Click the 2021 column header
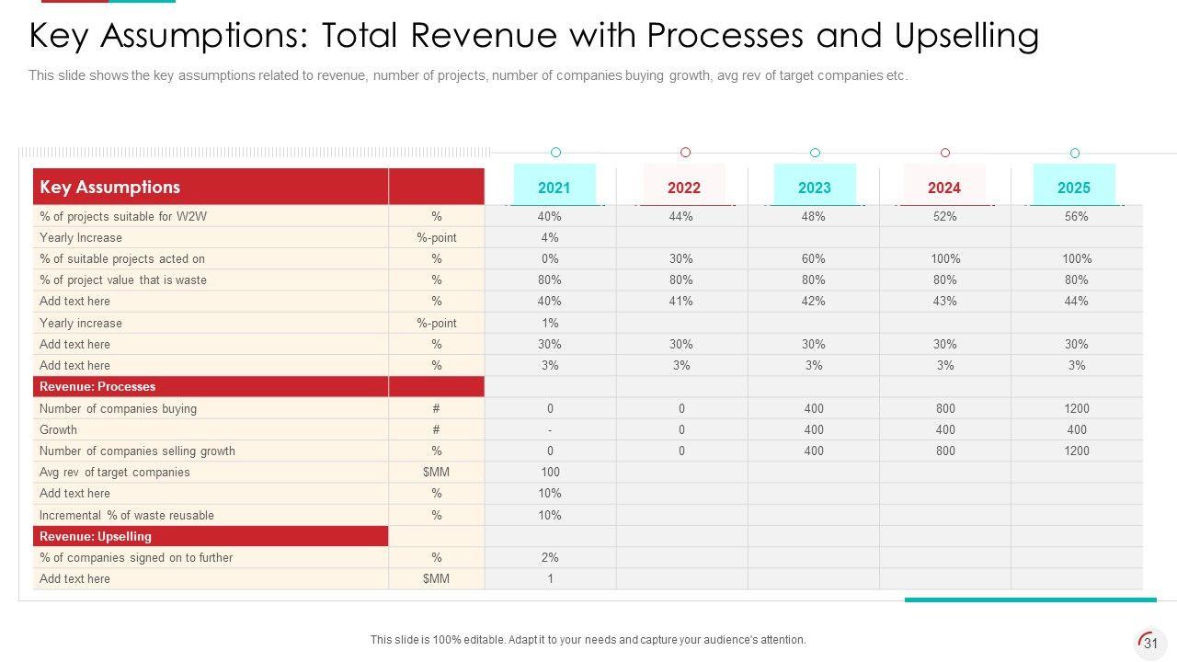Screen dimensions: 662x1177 pos(554,188)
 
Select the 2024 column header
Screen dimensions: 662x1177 pos(943,188)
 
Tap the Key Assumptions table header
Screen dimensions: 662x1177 pos(110,187)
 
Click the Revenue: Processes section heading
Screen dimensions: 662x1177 pos(97,386)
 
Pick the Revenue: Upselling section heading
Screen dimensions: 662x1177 pos(96,536)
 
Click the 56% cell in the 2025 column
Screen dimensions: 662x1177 pos(1076,217)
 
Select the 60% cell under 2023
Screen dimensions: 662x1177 pos(813,259)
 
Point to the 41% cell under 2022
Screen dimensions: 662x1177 pos(681,302)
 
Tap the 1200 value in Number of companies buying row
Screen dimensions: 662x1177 pos(1076,408)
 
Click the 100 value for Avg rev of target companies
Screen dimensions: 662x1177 pos(550,473)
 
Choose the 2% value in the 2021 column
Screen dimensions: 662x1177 pos(550,558)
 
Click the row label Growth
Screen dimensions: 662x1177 pos(58,429)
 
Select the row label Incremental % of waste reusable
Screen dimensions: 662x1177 pos(127,516)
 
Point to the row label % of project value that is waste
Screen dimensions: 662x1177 pos(123,280)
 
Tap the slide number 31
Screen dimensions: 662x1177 pos(1150,645)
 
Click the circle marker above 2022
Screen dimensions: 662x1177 pos(685,153)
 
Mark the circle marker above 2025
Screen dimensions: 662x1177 pos(1074,153)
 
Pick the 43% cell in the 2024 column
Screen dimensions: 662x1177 pos(944,302)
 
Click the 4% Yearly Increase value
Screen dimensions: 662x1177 pos(550,238)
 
